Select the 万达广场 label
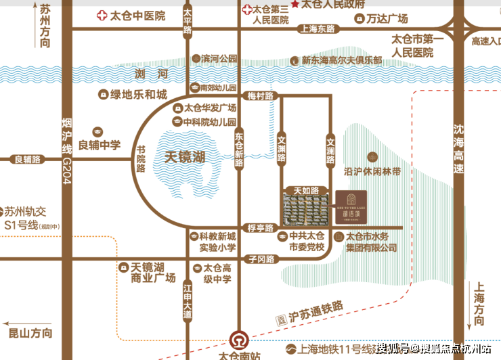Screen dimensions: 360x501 click(406, 19)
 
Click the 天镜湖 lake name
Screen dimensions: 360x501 click(185, 157)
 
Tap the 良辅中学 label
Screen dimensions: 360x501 click(100, 144)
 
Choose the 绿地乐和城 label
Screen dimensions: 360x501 click(138, 95)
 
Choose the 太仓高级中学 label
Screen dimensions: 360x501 click(217, 273)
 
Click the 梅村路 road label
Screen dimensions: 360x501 click(260, 96)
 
